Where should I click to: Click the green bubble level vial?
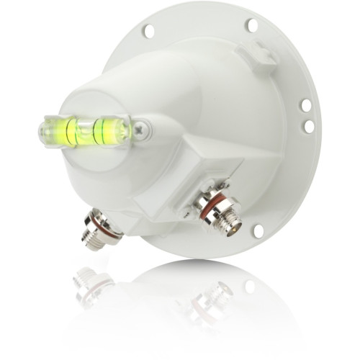[x=85, y=131]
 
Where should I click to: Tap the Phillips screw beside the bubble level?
[x=143, y=130]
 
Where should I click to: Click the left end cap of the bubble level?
[x=45, y=132]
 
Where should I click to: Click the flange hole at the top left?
[x=148, y=31]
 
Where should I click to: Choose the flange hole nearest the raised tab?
[x=252, y=25]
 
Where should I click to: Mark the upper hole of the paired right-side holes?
[x=306, y=105]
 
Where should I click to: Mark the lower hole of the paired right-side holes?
[x=309, y=127]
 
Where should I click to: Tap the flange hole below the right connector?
[x=258, y=231]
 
